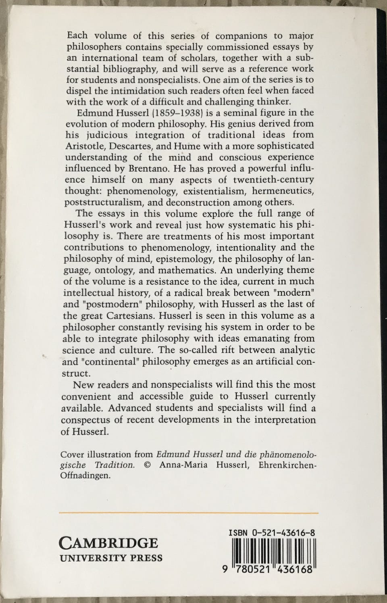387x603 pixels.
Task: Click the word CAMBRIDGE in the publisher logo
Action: (109, 543)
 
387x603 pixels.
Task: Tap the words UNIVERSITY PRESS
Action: (111, 558)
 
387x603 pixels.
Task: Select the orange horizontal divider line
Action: (189, 513)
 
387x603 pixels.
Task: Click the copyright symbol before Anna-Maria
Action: (147, 465)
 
